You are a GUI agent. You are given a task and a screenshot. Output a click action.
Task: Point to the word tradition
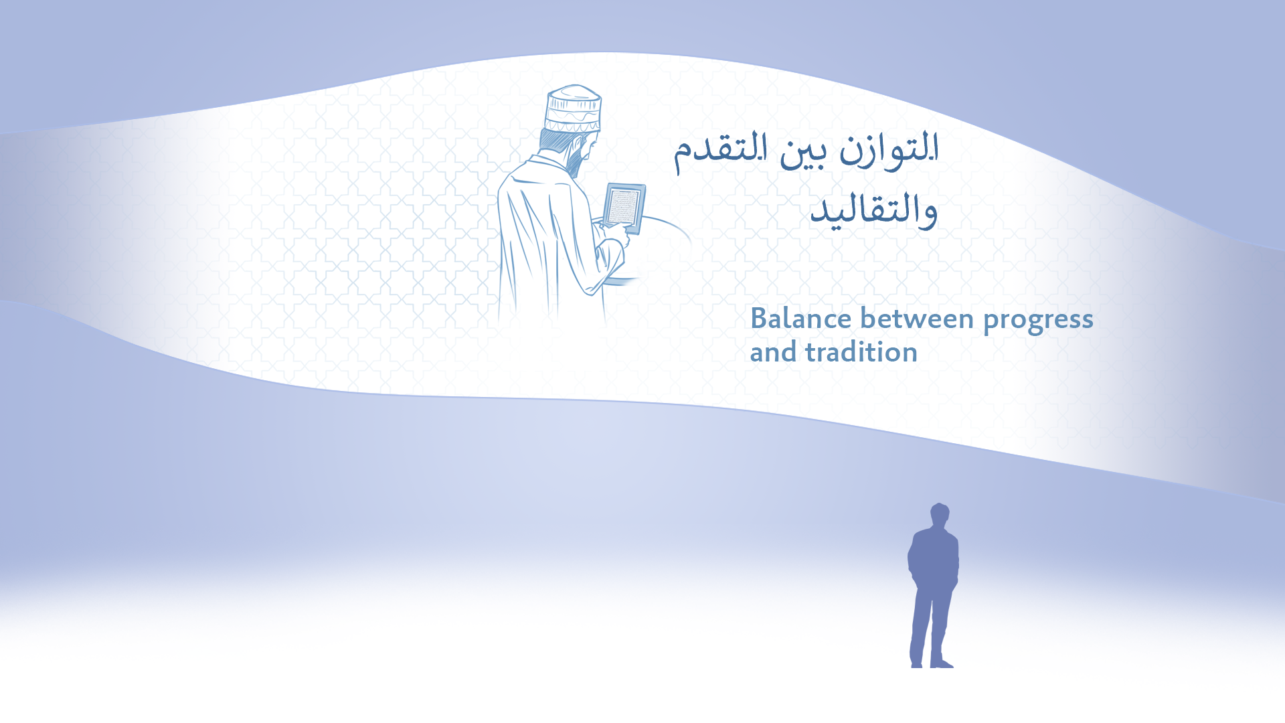(861, 352)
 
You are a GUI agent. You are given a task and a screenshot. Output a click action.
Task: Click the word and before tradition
(773, 352)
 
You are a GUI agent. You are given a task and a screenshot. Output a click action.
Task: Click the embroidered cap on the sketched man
(573, 108)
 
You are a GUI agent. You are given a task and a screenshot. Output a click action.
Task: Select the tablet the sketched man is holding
(624, 208)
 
